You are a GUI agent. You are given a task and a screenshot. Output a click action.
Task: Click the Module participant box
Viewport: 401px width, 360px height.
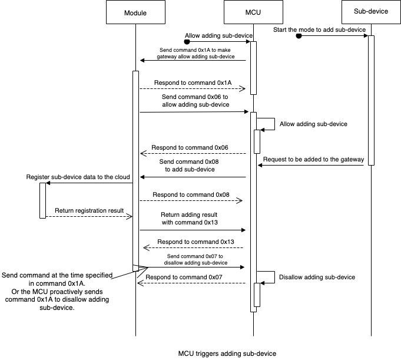[x=135, y=12]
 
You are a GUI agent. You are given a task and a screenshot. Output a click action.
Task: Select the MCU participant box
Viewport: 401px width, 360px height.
[x=254, y=12]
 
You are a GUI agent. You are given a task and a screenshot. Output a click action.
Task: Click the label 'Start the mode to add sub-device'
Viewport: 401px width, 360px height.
[x=319, y=29]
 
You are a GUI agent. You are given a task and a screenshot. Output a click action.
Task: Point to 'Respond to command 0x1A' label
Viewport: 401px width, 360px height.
[x=193, y=83]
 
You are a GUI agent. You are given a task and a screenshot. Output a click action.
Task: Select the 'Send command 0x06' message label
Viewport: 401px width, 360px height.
[x=195, y=100]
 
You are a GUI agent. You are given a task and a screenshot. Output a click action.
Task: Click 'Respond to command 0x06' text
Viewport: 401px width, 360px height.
[x=190, y=147]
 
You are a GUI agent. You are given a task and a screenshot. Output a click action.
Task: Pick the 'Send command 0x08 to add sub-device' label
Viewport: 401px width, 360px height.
[x=190, y=165]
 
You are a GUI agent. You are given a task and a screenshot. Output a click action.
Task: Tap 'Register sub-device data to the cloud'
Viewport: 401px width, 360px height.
[x=78, y=177]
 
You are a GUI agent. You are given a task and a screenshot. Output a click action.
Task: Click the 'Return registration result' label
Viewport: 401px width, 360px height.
[x=90, y=210]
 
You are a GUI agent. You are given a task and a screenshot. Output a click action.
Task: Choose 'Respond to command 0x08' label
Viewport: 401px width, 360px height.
[x=191, y=194]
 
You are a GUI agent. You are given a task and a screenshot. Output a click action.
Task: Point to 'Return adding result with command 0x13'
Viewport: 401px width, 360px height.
[x=190, y=218]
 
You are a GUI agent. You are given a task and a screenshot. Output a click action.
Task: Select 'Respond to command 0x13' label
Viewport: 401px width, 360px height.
[x=196, y=242]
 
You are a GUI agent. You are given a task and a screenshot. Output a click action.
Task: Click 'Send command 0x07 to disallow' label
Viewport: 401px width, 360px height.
[x=195, y=259]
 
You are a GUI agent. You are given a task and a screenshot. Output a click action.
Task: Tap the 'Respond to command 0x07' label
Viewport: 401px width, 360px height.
[x=184, y=276]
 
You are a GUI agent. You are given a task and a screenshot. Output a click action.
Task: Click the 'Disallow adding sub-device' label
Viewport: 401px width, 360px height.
[x=317, y=277]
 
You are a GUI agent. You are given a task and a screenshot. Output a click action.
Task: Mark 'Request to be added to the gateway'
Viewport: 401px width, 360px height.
[x=313, y=159]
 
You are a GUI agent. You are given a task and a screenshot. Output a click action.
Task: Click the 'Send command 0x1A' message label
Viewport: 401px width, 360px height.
[x=195, y=53]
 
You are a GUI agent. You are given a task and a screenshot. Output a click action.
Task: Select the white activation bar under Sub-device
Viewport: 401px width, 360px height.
[x=372, y=100]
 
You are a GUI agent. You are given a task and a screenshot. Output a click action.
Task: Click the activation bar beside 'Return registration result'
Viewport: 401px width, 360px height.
[x=42, y=200]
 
